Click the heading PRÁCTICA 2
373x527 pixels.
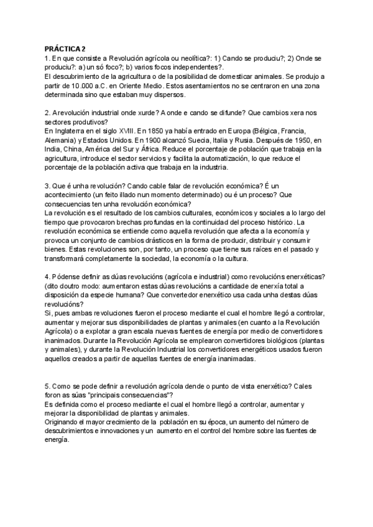coord(66,50)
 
